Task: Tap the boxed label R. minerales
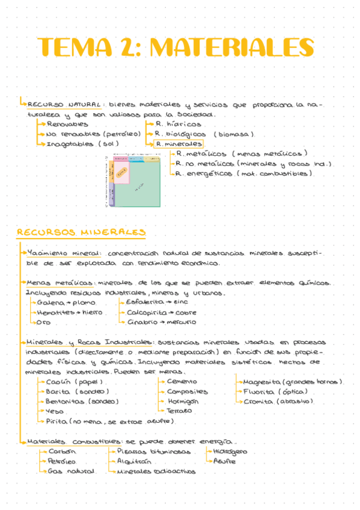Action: click(x=178, y=144)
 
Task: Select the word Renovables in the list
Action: click(x=67, y=124)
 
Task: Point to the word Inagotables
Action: click(x=69, y=144)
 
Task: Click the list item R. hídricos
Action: click(x=178, y=124)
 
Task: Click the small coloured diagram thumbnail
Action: click(x=136, y=180)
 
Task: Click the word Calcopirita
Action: click(x=144, y=313)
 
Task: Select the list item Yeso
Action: click(x=55, y=411)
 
